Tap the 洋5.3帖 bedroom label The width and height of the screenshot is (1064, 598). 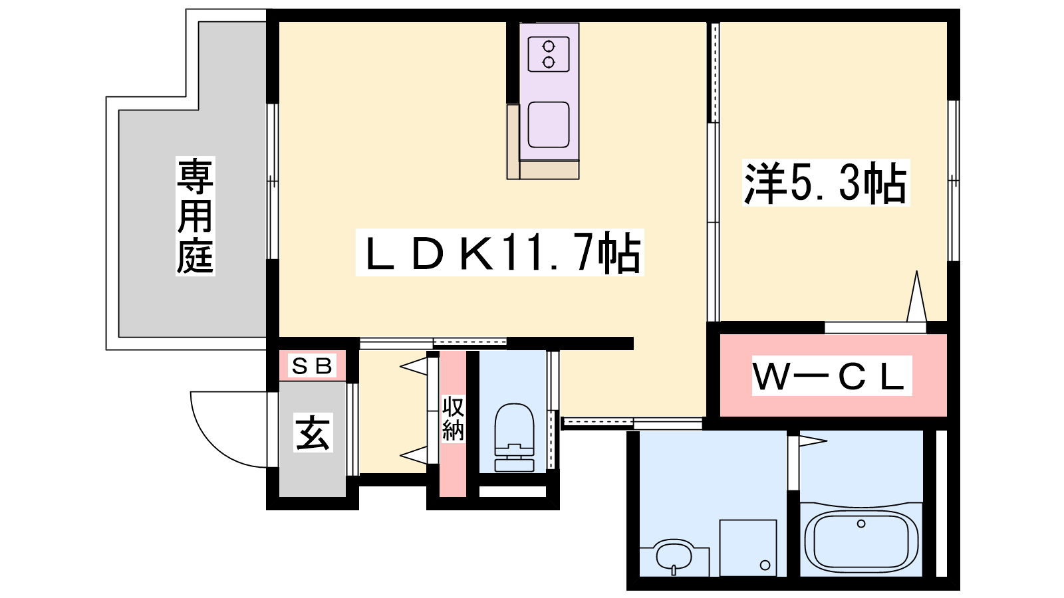tap(826, 183)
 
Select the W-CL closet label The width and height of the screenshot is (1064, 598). tap(832, 375)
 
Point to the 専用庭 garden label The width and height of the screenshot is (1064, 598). tap(196, 217)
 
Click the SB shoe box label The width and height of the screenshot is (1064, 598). tap(312, 365)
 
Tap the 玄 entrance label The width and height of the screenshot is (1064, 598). tap(313, 433)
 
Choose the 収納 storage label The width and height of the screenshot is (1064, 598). tap(453, 419)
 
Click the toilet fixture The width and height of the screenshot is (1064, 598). tap(515, 438)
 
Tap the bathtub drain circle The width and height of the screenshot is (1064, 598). tap(861, 524)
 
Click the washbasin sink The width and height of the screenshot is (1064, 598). tap(674, 555)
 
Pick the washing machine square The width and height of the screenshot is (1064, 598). tap(748, 548)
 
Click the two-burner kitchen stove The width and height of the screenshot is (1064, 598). tap(549, 54)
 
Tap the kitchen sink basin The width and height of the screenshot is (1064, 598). tap(549, 125)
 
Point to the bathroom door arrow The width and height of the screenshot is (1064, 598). tap(813, 441)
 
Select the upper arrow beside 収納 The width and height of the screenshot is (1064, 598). tap(414, 366)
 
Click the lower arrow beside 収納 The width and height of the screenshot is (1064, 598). tap(414, 455)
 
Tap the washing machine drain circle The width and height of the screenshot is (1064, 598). tap(765, 565)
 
